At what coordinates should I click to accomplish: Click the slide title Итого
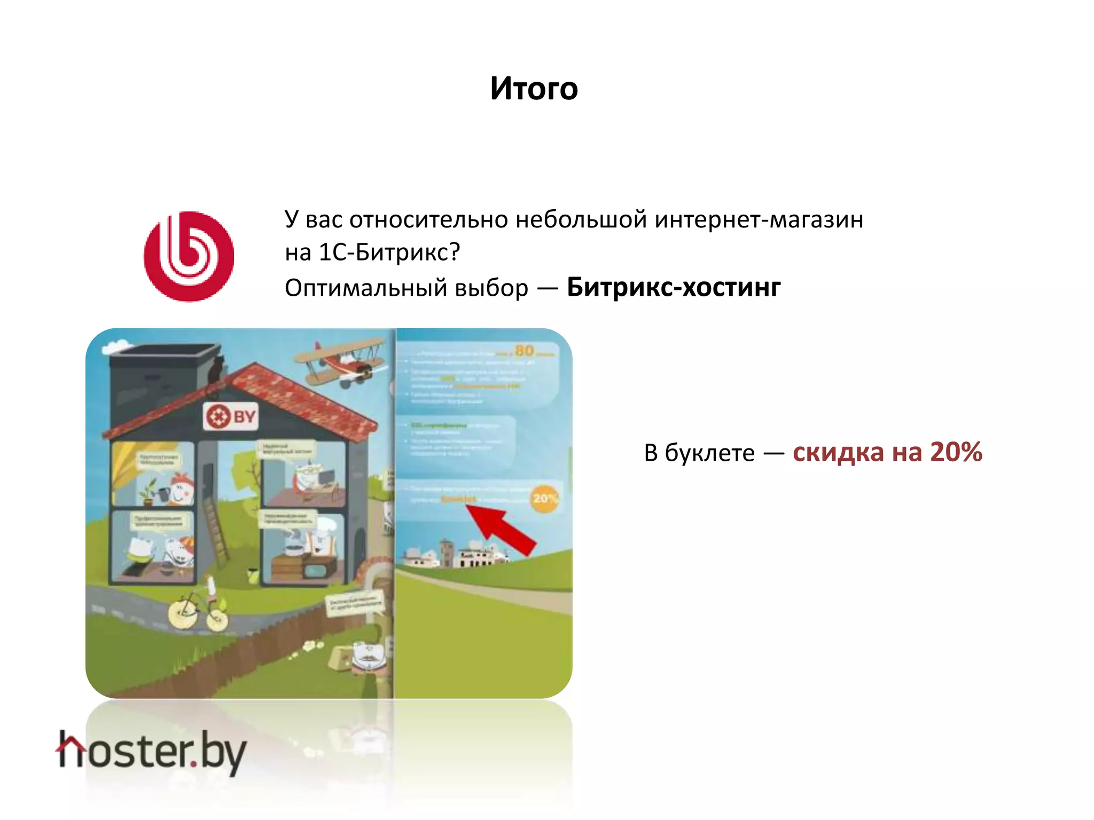coord(534,89)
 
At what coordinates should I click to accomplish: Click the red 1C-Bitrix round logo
coord(189,256)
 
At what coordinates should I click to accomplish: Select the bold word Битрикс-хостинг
coord(674,287)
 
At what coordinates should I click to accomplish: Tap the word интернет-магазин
coord(759,219)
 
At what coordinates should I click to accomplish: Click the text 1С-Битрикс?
coord(389,253)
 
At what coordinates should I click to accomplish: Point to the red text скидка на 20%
coord(887,452)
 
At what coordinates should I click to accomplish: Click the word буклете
coord(709,453)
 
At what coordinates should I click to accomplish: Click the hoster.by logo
coord(152,752)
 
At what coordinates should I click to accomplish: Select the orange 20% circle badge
coord(544,498)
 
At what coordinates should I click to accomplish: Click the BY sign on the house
coord(231,416)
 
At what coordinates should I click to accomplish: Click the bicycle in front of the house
coord(198,611)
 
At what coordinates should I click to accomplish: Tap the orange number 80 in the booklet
coord(524,351)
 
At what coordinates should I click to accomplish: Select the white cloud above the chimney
coord(118,346)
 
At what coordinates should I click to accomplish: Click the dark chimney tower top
coord(163,353)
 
